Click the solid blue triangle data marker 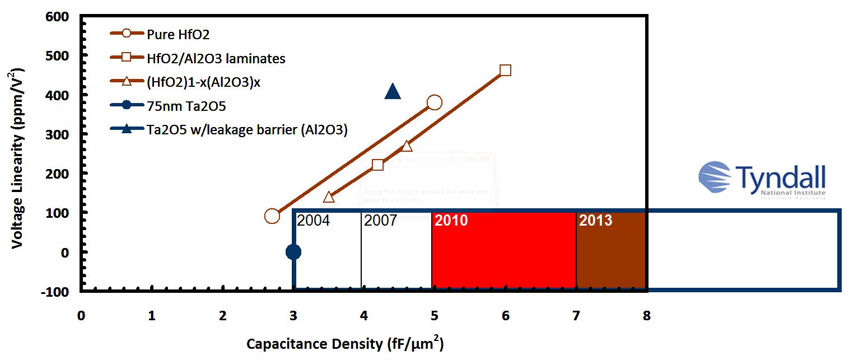(393, 92)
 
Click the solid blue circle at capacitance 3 (293, 252)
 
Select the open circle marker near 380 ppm (434, 102)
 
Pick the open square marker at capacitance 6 (505, 70)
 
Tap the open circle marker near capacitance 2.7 (272, 216)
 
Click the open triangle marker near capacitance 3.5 (329, 197)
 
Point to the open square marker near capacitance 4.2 (378, 165)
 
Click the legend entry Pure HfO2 (178, 34)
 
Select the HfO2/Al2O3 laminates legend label (216, 58)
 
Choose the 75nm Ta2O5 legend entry (186, 105)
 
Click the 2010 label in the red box (451, 221)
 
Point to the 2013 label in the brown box (595, 221)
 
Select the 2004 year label (314, 221)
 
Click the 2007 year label (381, 221)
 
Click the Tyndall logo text (781, 178)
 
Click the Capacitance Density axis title (345, 343)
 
